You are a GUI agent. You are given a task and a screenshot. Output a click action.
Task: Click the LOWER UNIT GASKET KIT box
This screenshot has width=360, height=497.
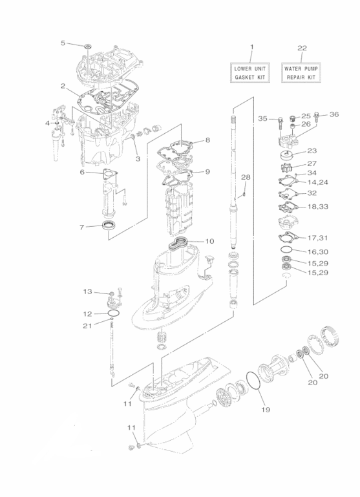[251, 72]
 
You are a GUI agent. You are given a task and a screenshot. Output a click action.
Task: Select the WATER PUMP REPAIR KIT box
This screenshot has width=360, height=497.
[301, 72]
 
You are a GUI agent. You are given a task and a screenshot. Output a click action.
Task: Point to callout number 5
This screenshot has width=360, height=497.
[63, 43]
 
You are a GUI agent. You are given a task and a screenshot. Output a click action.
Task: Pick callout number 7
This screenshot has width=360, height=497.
[81, 227]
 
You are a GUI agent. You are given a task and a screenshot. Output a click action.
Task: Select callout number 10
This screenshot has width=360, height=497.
[209, 241]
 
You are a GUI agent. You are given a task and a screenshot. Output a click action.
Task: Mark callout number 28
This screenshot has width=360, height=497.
[245, 177]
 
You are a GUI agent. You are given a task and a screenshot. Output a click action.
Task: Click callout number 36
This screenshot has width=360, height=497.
[334, 114]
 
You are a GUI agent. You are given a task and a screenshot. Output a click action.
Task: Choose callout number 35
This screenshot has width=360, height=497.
[262, 118]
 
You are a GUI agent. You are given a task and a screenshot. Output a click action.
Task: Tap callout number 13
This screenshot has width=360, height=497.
[87, 292]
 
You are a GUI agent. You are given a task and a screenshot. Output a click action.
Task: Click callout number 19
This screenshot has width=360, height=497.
[264, 410]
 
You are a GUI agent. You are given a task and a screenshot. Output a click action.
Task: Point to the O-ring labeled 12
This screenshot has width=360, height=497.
[114, 313]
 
